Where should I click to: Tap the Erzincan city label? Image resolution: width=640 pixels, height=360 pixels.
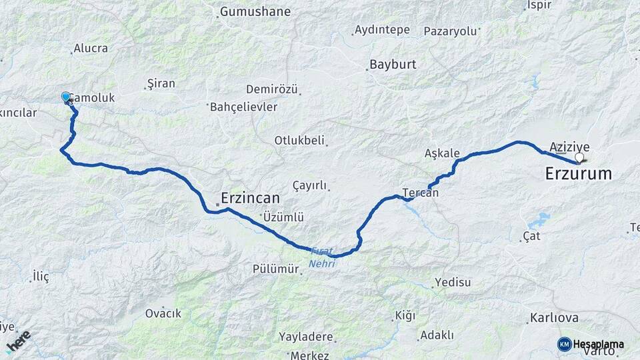(250, 198)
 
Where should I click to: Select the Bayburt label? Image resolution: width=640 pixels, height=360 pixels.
(392, 65)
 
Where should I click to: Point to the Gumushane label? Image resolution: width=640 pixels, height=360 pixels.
(255, 11)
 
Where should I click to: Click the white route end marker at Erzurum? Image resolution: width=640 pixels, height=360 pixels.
(579, 158)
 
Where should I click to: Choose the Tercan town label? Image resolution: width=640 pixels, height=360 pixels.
(421, 193)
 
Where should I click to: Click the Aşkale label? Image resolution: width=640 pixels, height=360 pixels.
(442, 153)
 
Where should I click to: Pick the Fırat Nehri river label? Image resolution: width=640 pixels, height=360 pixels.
(322, 257)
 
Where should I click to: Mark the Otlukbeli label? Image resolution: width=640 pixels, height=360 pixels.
(299, 140)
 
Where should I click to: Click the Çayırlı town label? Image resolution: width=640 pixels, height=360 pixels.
(310, 185)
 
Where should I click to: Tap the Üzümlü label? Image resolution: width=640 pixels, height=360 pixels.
(283, 217)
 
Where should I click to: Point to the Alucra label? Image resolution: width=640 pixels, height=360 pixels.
(91, 48)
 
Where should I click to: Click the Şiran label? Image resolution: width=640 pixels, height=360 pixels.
(161, 83)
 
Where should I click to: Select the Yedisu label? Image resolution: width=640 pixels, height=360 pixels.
(453, 282)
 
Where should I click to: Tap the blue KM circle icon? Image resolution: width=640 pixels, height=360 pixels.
(564, 344)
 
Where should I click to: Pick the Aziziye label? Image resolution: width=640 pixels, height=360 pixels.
(569, 147)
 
